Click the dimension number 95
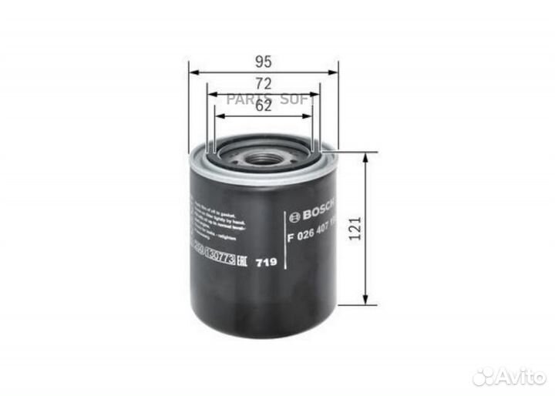(x=264, y=60)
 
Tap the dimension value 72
(x=264, y=82)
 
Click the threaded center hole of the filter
(x=264, y=159)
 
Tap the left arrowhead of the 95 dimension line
(x=193, y=72)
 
